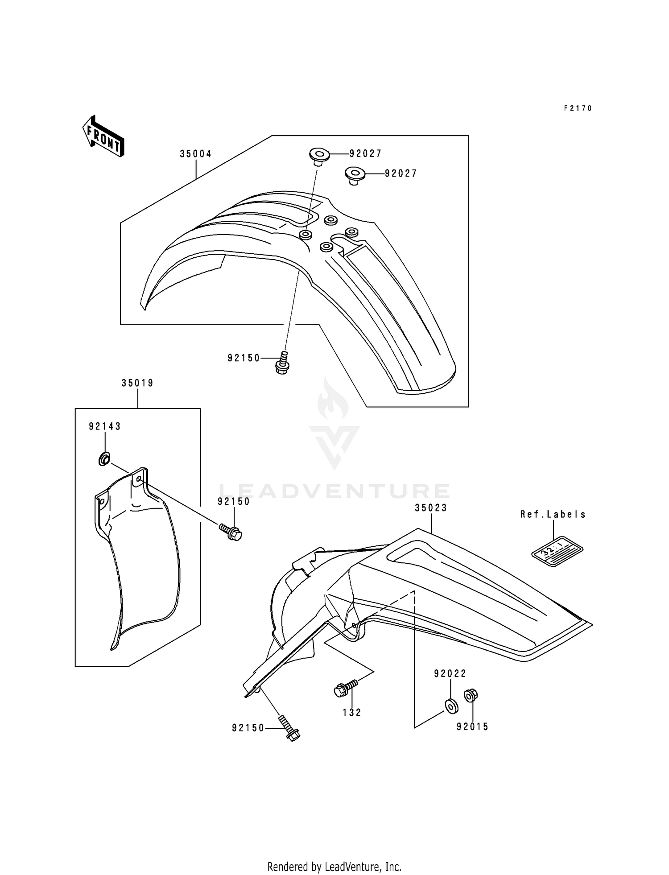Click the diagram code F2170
click(x=578, y=108)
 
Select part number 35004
click(x=195, y=154)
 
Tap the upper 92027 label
click(x=365, y=153)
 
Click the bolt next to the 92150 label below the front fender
click(x=282, y=363)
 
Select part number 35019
click(x=137, y=383)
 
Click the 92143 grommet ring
click(x=104, y=458)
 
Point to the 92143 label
click(x=105, y=426)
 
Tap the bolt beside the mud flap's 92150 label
click(x=231, y=531)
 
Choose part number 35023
click(x=431, y=508)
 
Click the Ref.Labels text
click(x=553, y=514)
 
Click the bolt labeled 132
click(x=345, y=688)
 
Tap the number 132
click(x=352, y=713)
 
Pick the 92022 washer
click(x=451, y=705)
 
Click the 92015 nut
click(x=471, y=695)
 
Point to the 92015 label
click(x=472, y=727)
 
